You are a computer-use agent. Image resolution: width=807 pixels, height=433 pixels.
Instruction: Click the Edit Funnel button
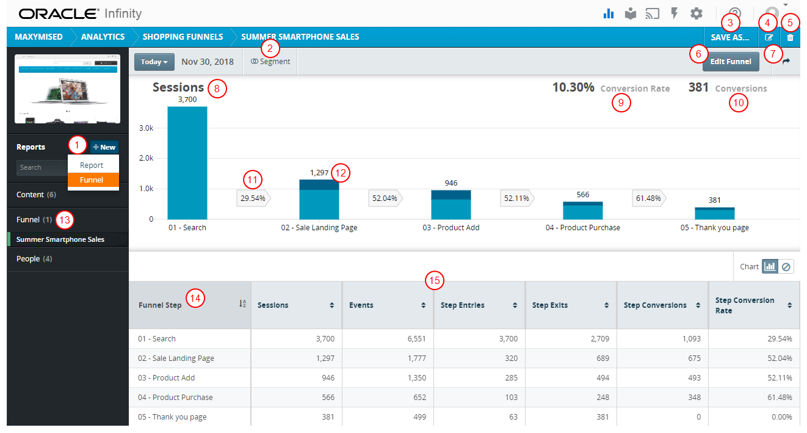[731, 62]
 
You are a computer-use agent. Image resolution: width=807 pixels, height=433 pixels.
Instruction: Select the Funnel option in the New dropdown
[92, 180]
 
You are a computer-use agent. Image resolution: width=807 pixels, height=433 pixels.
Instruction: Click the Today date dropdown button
[154, 62]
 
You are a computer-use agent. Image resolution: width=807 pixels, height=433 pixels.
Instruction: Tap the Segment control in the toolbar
[270, 62]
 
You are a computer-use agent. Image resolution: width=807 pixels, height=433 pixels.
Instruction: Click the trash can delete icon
[791, 37]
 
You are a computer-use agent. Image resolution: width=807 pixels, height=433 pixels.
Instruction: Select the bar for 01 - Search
[187, 163]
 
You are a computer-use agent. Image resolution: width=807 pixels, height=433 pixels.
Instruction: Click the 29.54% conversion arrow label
[253, 198]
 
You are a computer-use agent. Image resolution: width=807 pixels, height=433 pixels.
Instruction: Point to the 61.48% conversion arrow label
[649, 198]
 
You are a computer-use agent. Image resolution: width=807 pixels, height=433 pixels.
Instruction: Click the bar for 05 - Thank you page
[714, 213]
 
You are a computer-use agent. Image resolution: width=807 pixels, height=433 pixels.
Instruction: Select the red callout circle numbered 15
[434, 281]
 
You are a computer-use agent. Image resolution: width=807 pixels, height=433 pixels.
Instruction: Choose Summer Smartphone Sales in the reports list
[60, 239]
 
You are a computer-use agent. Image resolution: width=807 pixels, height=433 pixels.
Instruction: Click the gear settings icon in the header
[697, 13]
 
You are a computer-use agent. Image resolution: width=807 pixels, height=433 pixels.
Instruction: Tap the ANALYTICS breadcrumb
[103, 37]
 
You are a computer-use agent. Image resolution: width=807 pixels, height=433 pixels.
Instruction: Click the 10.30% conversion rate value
[573, 87]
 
